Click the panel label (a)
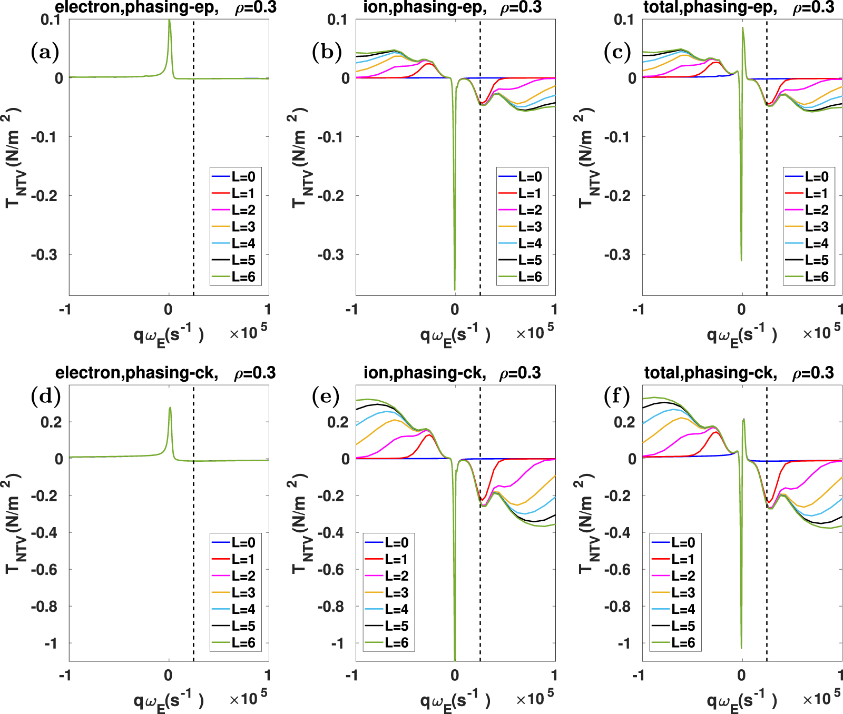click(x=45, y=52)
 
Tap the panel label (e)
click(x=326, y=396)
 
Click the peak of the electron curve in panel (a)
click(x=169, y=21)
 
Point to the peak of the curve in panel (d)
click(x=170, y=408)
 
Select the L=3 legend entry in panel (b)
click(x=530, y=227)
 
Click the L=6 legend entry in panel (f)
click(x=683, y=643)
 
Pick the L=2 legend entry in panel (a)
click(x=243, y=210)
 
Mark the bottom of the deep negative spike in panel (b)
click(x=455, y=289)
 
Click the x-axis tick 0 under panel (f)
click(x=741, y=676)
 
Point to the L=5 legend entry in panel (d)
click(x=243, y=626)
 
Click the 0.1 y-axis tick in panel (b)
click(x=337, y=19)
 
